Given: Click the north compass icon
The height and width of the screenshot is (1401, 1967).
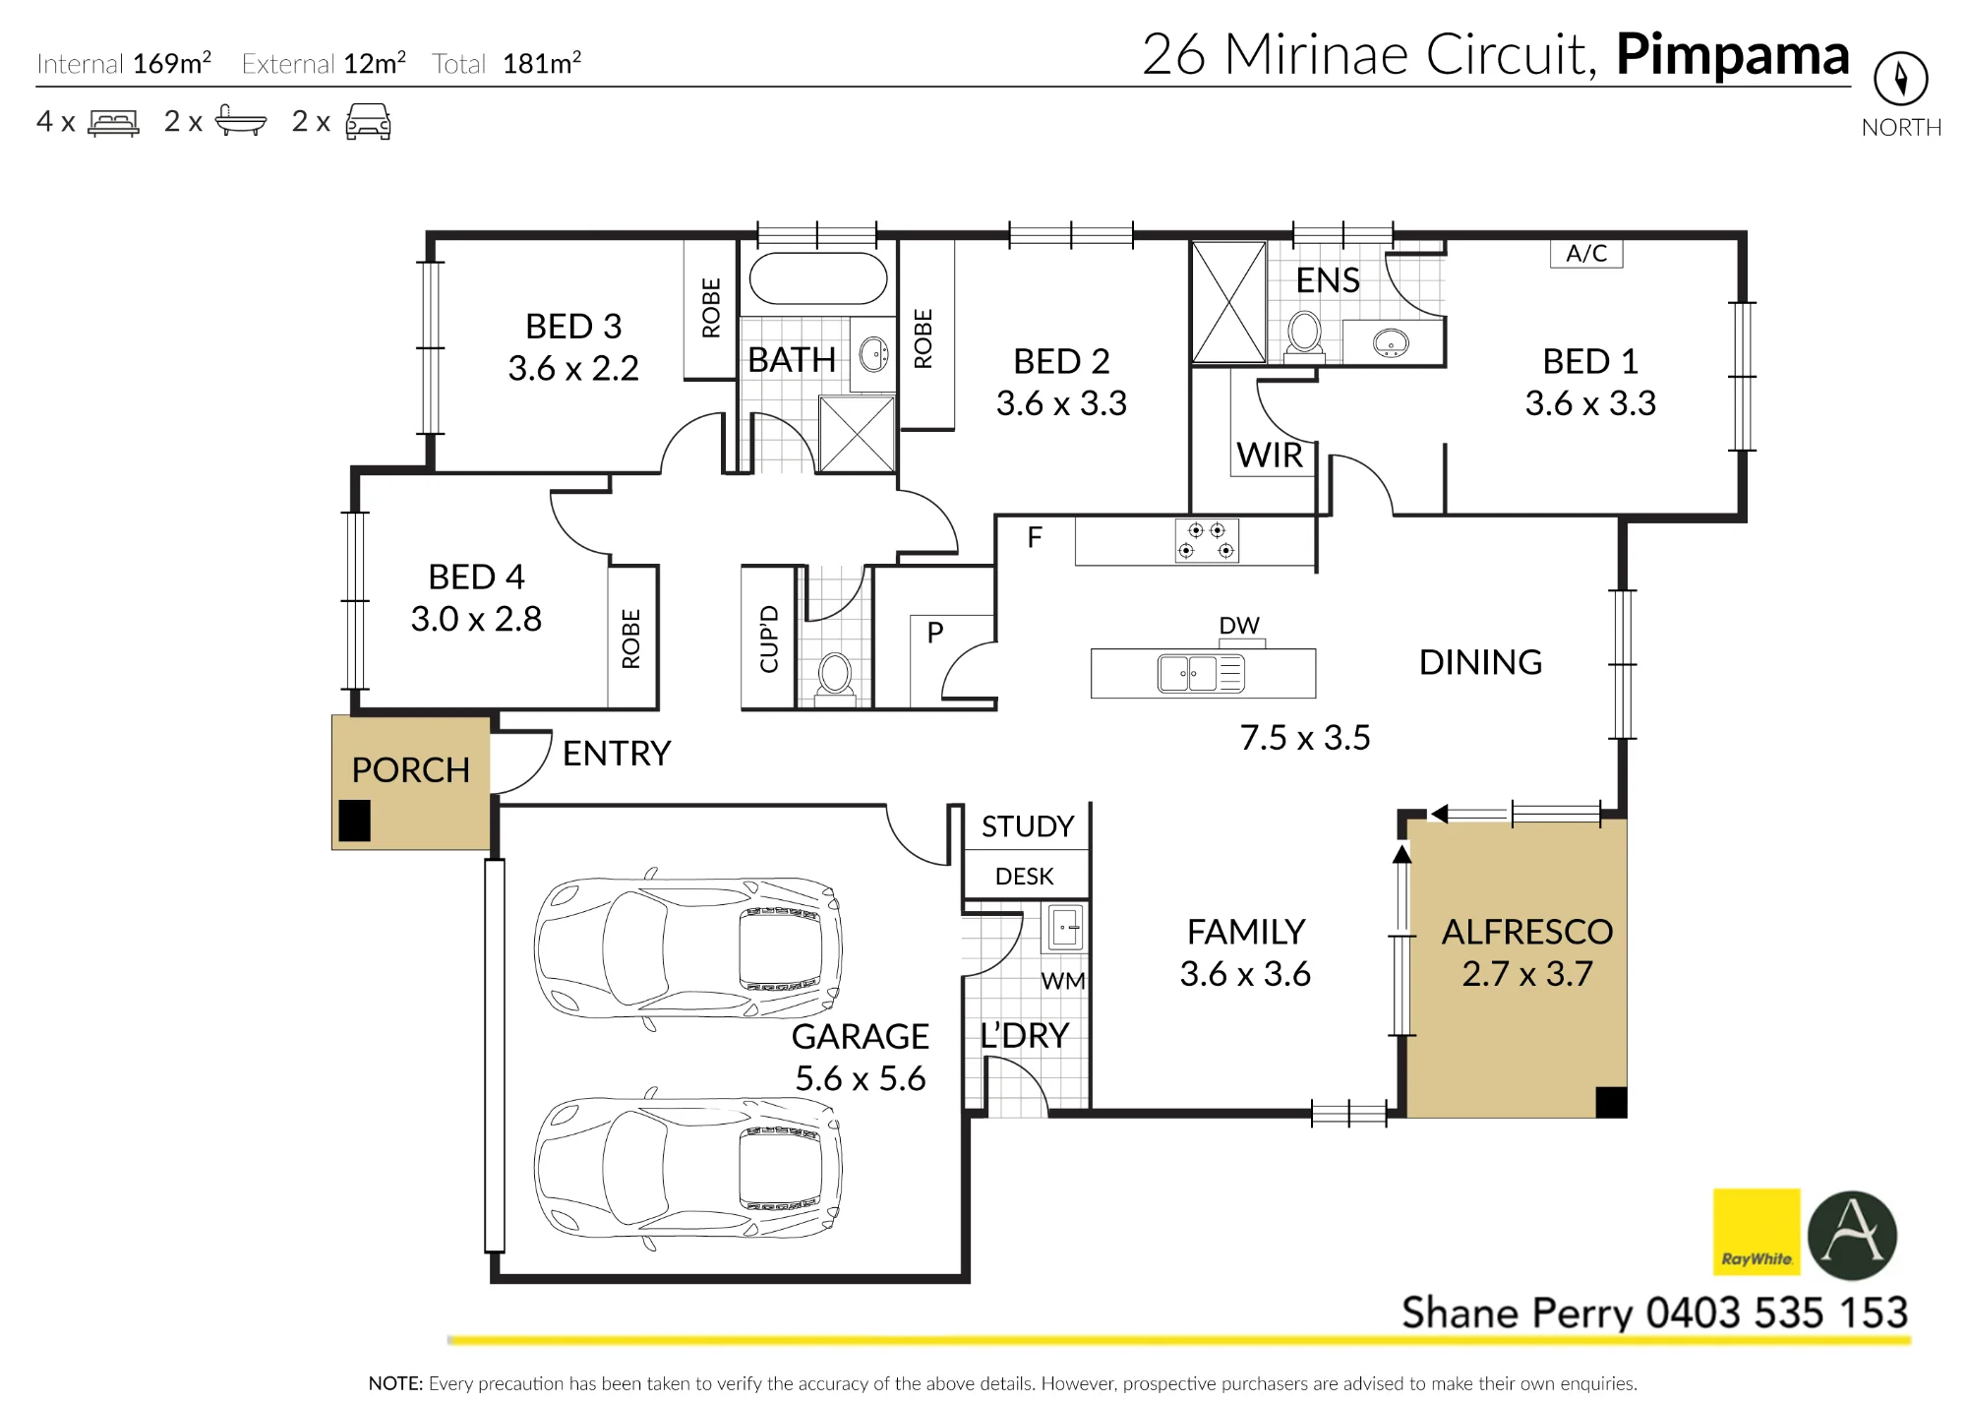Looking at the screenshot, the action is [1900, 79].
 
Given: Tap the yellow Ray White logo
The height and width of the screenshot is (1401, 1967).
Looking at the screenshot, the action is [1757, 1232].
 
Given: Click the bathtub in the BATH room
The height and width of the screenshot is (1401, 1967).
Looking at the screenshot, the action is [818, 279].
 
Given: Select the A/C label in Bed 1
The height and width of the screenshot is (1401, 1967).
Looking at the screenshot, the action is [1586, 254].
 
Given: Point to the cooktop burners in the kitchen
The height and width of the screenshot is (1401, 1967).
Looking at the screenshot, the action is [1207, 540].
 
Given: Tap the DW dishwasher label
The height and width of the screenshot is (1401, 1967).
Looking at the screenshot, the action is [1239, 626].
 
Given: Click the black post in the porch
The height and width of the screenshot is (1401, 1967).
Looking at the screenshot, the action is [355, 821].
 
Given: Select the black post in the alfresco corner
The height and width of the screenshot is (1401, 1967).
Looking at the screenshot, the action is [1611, 1102].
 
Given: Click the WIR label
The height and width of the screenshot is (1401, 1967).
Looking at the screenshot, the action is [1270, 456].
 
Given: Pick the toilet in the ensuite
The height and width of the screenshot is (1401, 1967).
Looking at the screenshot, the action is [1305, 335].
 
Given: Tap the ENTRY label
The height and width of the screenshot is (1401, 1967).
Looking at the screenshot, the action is [617, 754].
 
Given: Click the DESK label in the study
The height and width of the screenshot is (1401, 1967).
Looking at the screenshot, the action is [1024, 877].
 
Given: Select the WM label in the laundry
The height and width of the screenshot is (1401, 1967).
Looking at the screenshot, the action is [1063, 981].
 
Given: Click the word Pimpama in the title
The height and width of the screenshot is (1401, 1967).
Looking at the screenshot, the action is [1733, 55].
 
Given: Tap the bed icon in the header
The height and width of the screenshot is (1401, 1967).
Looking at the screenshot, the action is [114, 122].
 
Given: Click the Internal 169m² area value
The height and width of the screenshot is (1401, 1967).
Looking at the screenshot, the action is [172, 63].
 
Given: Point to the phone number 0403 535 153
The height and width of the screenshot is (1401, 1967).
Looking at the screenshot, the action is [1777, 1313].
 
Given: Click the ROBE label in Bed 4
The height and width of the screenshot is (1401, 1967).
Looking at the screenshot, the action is [631, 639].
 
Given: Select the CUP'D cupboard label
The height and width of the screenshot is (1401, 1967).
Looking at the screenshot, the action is [769, 640].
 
